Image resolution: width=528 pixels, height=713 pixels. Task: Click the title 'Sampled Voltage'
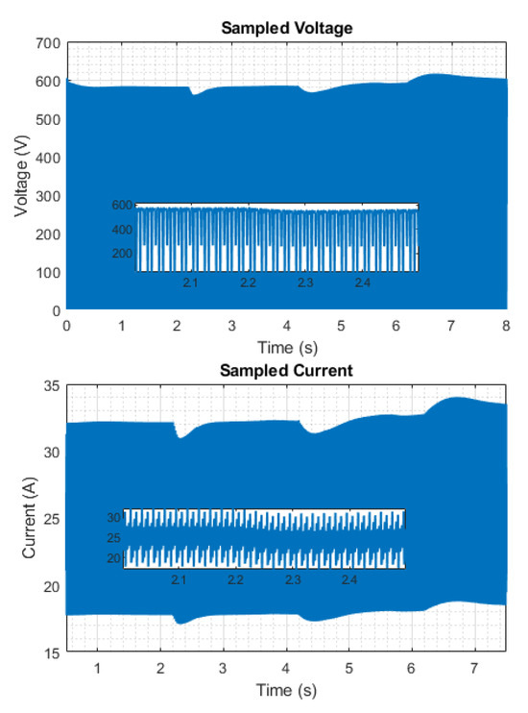(287, 28)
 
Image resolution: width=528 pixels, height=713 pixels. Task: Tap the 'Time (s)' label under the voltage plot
(287, 347)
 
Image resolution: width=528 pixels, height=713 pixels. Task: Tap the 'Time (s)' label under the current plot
(287, 690)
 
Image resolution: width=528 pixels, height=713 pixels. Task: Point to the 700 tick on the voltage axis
(47, 43)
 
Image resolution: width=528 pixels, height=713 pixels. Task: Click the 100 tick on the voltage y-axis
(47, 273)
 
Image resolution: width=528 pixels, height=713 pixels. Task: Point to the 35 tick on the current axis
(51, 386)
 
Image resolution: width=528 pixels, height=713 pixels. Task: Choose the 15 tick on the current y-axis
(51, 653)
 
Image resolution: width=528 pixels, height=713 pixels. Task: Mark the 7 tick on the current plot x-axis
(475, 668)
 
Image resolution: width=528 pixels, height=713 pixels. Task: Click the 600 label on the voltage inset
(122, 205)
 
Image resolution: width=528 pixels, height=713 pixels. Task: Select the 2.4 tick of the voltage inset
(362, 283)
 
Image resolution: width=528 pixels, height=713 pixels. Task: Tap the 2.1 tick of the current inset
(179, 581)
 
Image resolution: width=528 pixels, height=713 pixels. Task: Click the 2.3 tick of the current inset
(292, 581)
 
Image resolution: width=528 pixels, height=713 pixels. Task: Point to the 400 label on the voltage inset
(122, 229)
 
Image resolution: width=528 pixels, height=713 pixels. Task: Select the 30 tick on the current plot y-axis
(51, 453)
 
